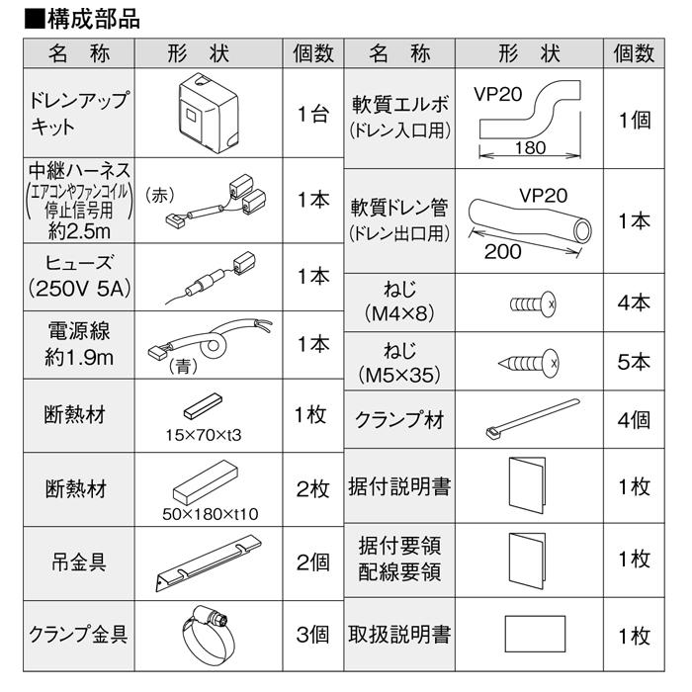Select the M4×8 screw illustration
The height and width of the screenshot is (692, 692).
[x=534, y=303]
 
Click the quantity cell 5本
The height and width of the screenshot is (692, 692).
[x=633, y=362]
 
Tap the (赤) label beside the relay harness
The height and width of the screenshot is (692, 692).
[x=159, y=195]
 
